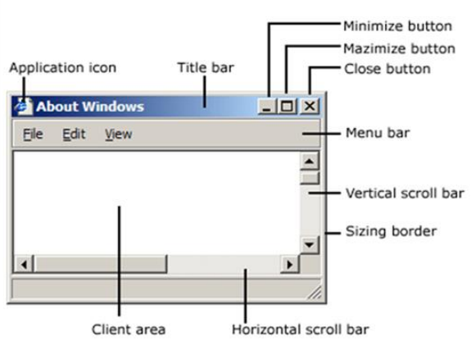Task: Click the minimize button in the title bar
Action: click(x=267, y=107)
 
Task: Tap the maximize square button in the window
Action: click(x=288, y=107)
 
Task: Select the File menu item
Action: click(x=33, y=134)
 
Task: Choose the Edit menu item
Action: click(x=74, y=134)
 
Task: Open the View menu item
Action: click(x=119, y=134)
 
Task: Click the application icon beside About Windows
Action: click(x=24, y=107)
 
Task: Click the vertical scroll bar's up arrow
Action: click(x=310, y=162)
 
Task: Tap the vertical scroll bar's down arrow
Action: click(x=310, y=244)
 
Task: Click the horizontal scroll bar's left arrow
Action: click(x=24, y=264)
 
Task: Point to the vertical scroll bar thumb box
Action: click(x=310, y=178)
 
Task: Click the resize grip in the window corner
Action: click(x=315, y=293)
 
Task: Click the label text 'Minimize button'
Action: click(x=397, y=26)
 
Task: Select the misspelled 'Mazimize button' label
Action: click(x=399, y=49)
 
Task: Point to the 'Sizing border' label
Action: click(x=391, y=231)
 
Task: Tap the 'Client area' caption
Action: click(x=129, y=330)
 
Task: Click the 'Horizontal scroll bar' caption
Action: click(x=301, y=330)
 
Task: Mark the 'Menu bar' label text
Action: click(x=378, y=133)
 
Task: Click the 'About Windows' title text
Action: click(x=90, y=107)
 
